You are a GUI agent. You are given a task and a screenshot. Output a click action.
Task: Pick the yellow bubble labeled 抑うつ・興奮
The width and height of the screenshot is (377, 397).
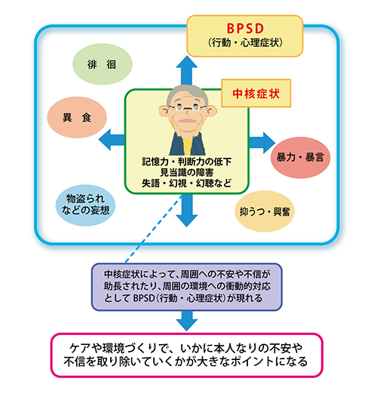click(265, 208)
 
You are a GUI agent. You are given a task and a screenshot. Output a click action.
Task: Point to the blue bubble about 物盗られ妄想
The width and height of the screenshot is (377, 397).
click(86, 203)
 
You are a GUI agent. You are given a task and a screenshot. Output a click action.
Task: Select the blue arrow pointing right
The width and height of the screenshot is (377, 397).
click(261, 140)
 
